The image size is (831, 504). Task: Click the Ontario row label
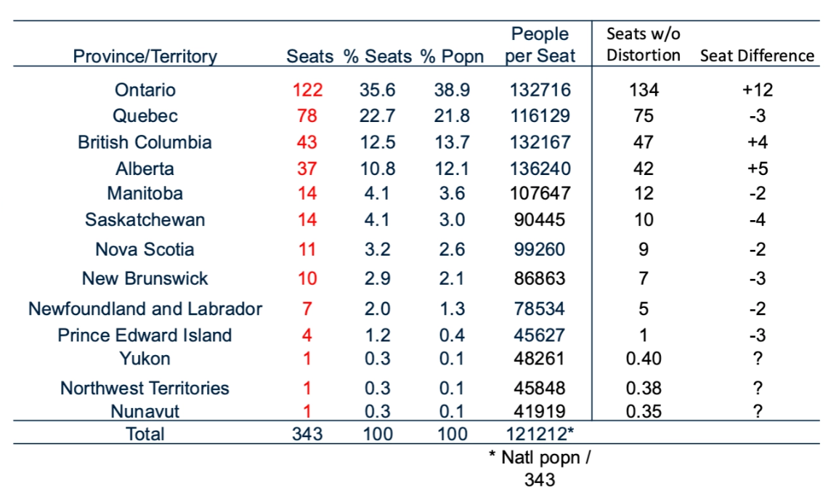[x=145, y=90]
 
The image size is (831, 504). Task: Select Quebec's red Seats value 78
[x=307, y=116]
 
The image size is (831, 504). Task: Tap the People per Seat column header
[x=540, y=45]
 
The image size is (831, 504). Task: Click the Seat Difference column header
[x=757, y=56]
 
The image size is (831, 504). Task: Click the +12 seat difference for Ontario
[x=758, y=90]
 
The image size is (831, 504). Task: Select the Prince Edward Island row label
[x=145, y=336]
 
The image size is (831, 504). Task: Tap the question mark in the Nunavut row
[x=758, y=412]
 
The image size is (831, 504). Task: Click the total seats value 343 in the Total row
[x=307, y=434]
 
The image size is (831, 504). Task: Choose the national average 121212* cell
[x=540, y=434]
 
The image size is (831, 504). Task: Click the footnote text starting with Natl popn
[x=540, y=468]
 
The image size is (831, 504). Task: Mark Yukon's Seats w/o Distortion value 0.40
[x=644, y=359]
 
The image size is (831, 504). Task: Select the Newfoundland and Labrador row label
[x=145, y=309]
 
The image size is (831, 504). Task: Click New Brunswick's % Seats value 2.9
[x=377, y=279]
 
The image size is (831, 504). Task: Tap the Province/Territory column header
[x=145, y=56]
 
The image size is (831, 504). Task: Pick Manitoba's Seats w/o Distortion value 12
[x=644, y=194]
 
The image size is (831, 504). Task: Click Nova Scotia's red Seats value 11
[x=307, y=250]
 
